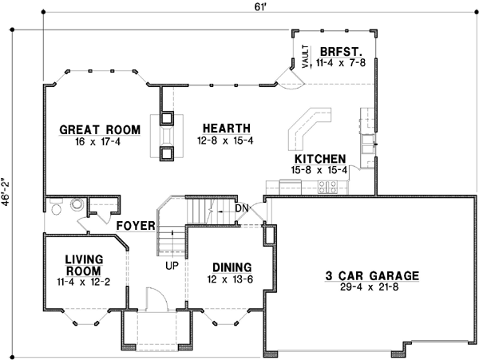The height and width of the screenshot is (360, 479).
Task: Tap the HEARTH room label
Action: (x=226, y=128)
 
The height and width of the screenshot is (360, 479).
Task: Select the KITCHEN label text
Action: (x=319, y=159)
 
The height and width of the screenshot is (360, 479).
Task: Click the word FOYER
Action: (x=135, y=226)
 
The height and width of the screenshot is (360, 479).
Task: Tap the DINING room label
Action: (x=232, y=267)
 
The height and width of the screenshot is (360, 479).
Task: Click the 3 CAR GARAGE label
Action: (x=371, y=276)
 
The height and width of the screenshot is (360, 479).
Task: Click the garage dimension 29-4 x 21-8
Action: (x=371, y=287)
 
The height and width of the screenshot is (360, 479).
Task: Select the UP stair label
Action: (x=172, y=264)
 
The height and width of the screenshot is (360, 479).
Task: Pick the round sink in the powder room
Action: (x=77, y=204)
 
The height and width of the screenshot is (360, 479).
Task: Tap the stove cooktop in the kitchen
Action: (x=328, y=188)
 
